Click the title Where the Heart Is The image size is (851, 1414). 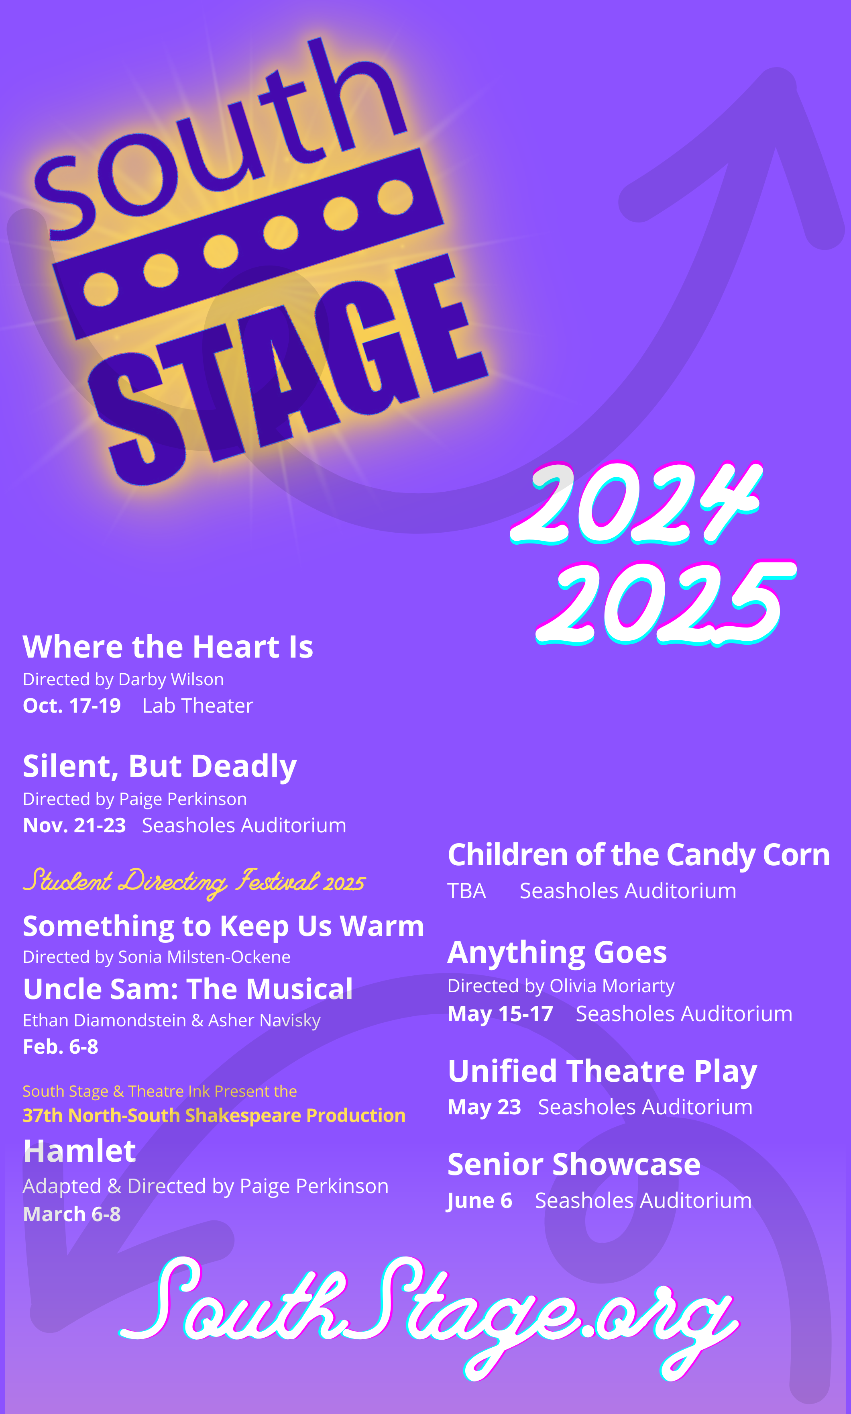(x=168, y=647)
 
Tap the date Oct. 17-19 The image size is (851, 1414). (x=72, y=706)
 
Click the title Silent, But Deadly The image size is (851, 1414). (x=160, y=767)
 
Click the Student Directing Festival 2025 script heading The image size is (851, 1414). (x=194, y=883)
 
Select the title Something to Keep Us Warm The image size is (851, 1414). (x=224, y=927)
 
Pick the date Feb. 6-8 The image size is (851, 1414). (x=61, y=1047)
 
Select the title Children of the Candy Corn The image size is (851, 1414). (x=639, y=856)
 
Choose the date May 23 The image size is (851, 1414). (x=485, y=1107)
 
